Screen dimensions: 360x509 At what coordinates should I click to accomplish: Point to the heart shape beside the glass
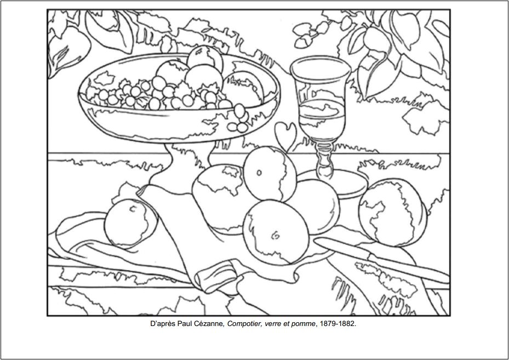click(x=285, y=133)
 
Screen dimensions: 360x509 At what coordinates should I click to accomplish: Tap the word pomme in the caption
click(x=304, y=324)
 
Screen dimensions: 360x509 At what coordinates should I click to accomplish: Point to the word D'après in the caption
click(x=162, y=324)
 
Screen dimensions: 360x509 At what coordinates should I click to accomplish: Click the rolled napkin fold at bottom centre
click(x=219, y=271)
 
